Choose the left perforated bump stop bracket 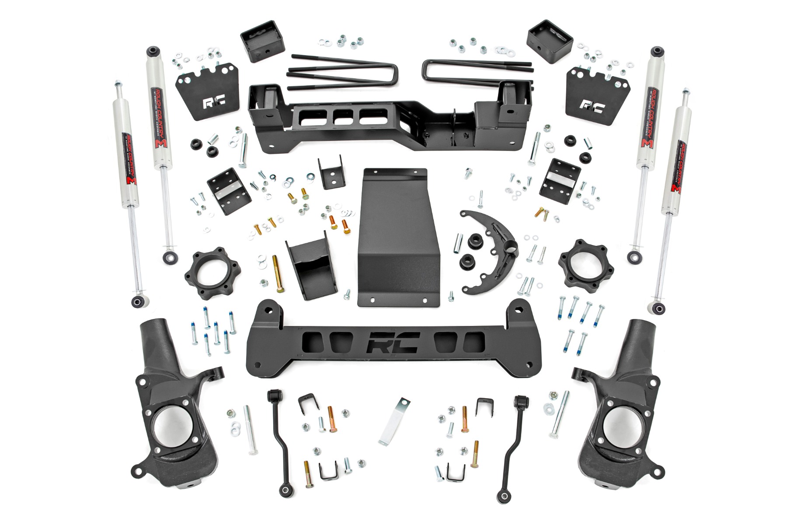[x=227, y=191]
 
